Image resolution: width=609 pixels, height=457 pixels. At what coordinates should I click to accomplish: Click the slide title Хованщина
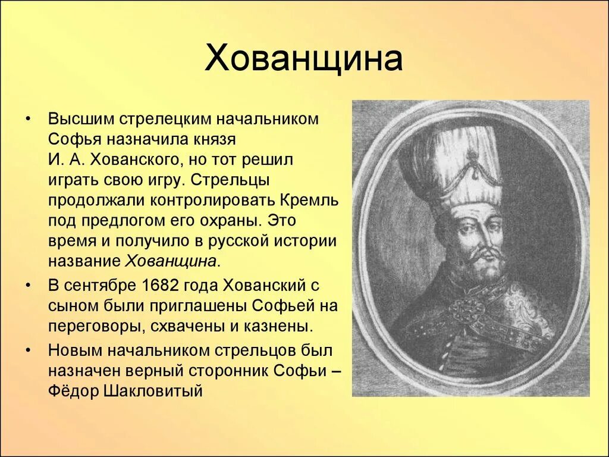303,60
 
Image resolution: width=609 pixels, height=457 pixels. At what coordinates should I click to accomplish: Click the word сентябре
99,286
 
